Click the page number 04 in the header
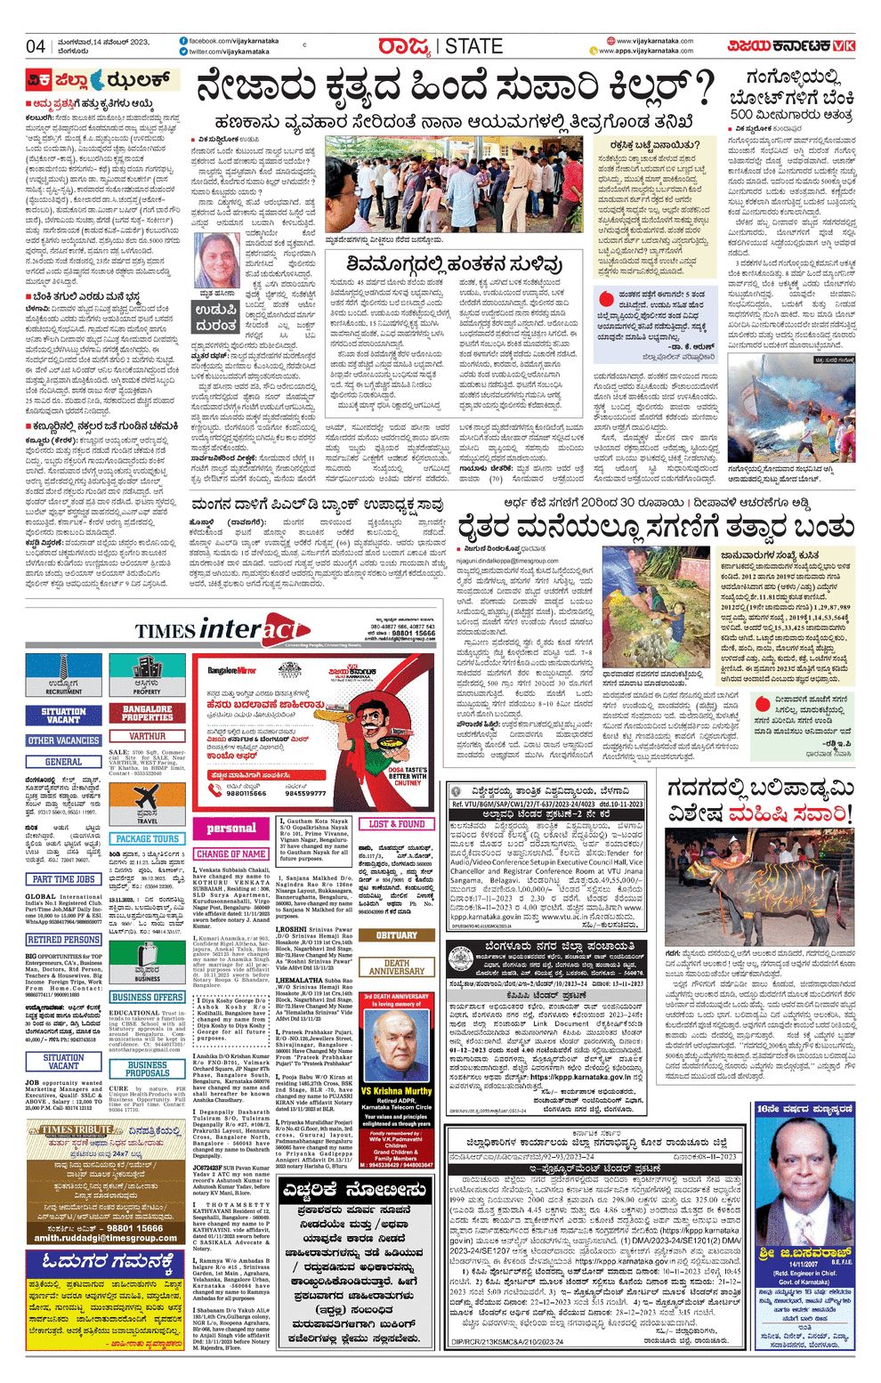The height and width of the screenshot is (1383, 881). pos(35,46)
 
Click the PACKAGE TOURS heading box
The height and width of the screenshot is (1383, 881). pos(147,838)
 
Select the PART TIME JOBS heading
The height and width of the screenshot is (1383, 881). pos(63,879)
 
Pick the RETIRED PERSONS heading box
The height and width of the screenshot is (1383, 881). pos(63,940)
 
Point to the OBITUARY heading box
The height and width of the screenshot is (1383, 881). pos(396,935)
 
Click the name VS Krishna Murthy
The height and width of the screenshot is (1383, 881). pos(397,1090)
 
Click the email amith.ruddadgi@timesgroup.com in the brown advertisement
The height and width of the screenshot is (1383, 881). pos(105,1238)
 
